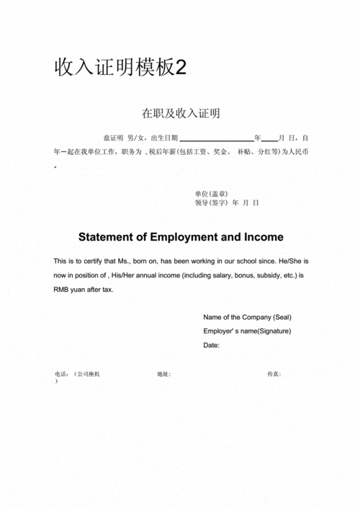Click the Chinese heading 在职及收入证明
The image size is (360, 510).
coord(180,113)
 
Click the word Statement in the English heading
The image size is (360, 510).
coord(106,237)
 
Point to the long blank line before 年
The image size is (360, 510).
coord(216,138)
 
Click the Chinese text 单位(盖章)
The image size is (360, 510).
coord(211,194)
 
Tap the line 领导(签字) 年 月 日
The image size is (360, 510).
coord(226,203)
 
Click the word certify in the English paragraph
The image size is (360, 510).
coord(107,260)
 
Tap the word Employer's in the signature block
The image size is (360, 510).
coord(220,331)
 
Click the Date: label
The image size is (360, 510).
coord(211,345)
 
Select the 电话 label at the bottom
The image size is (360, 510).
coord(61,375)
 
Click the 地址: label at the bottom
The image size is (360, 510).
coord(163,375)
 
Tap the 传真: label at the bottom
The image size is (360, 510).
coord(274,375)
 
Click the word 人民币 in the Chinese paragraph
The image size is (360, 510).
coord(299,152)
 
